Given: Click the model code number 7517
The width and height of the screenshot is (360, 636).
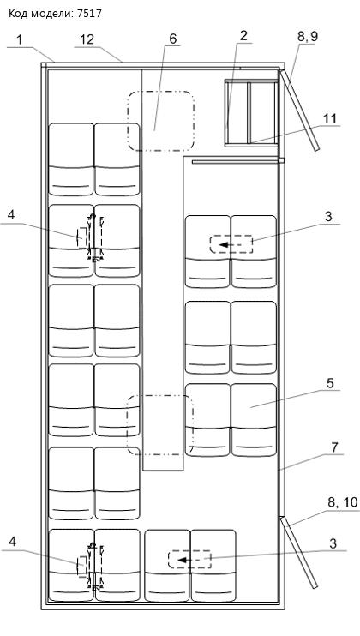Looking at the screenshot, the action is click(89, 14).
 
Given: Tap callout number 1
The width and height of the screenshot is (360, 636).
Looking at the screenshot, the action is click(20, 40).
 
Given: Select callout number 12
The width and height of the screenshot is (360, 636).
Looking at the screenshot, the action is click(87, 39).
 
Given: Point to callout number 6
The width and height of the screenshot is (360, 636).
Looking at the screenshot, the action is click(173, 39).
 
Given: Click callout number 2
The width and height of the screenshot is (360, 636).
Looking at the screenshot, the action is click(243, 36).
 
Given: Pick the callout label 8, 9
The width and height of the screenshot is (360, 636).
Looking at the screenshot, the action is click(308, 37).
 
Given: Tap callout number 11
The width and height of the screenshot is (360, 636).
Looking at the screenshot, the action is click(330, 119).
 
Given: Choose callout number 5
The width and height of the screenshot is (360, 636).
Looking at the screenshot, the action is click(330, 383).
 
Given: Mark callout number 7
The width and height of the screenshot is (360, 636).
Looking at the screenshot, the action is click(334, 447).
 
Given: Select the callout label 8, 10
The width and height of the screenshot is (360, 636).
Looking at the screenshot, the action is click(343, 503).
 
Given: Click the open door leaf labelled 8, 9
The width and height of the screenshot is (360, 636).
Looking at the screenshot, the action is click(299, 111).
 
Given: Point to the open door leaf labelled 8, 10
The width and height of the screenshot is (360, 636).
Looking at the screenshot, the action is click(298, 552).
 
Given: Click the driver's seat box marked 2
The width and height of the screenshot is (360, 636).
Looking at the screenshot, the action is click(251, 113).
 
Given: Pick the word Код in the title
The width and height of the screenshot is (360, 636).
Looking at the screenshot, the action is click(18, 15).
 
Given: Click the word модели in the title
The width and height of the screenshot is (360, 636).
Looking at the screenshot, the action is click(52, 15).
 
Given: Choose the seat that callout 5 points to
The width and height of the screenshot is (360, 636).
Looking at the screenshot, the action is click(254, 420).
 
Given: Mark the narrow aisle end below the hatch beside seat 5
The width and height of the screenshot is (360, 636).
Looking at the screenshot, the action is click(163, 462).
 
